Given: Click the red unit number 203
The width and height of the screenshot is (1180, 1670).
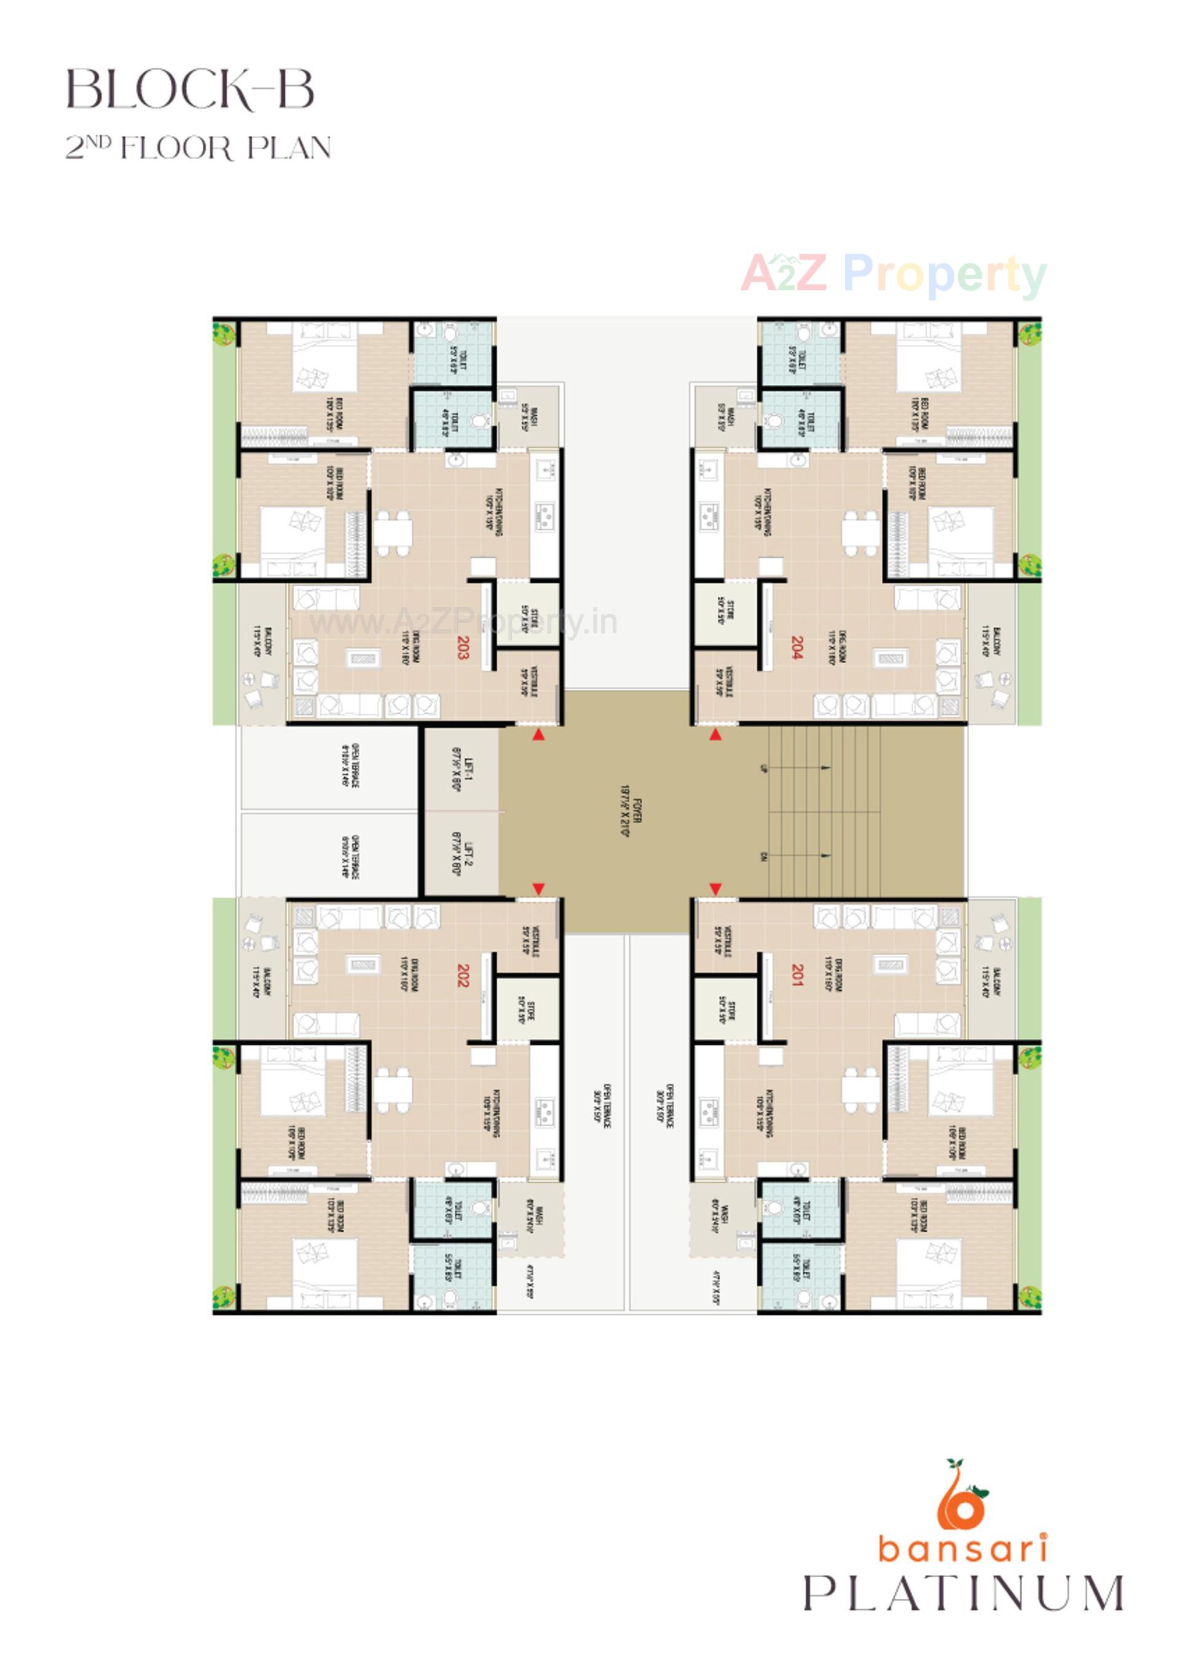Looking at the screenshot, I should pos(463,647).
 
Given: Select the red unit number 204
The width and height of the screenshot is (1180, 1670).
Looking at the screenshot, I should pos(796,647).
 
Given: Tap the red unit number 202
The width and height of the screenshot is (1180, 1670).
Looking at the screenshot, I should pos(463,975).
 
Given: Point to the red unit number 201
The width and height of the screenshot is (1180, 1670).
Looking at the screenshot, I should pos(796,975).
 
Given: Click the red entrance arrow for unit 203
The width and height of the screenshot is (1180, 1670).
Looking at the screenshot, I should pos(538,735).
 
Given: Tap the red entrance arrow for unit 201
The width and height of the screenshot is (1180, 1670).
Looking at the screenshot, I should pos(715,889).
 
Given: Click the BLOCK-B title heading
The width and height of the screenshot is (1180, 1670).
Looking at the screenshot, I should pos(191,90).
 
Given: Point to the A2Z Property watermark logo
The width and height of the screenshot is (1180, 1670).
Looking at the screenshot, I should pos(894,274).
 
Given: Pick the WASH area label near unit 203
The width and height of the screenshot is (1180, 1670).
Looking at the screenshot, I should pos(530,418).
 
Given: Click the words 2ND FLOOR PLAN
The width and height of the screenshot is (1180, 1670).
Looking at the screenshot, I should pos(198,148).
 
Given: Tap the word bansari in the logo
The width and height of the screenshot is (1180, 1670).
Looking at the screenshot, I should pos(962,1547).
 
